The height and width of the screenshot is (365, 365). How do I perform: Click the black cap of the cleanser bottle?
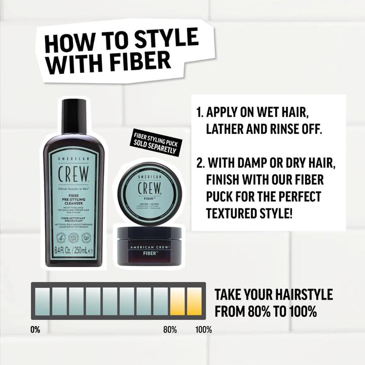[74, 113]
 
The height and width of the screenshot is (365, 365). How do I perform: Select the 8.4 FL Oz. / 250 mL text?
[74, 250]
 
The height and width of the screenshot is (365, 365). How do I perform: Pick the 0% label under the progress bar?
[35, 330]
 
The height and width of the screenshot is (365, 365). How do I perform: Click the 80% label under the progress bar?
[170, 330]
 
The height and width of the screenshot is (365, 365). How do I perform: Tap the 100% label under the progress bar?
[204, 330]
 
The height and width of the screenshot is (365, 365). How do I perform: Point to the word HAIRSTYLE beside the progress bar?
[301, 295]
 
